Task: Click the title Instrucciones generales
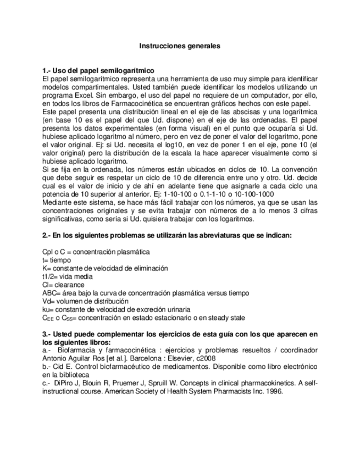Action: click(179, 46)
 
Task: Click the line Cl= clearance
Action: click(63, 285)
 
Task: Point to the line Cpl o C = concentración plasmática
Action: click(96, 252)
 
